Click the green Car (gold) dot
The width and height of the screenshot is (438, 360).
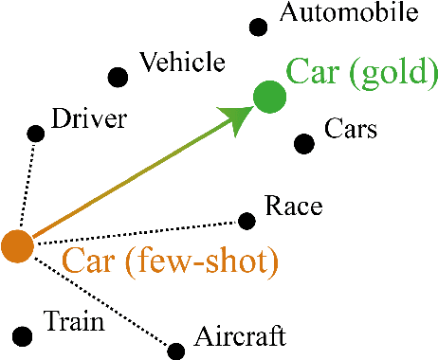pyautogui.click(x=269, y=97)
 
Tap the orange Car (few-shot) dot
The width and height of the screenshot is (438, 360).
pyautogui.click(x=17, y=245)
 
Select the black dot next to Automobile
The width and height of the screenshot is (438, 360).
pyautogui.click(x=258, y=27)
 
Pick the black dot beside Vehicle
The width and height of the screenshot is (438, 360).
pyautogui.click(x=118, y=77)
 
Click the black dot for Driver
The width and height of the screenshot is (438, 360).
pyautogui.click(x=36, y=134)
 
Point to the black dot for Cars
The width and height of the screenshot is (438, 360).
pyautogui.click(x=303, y=143)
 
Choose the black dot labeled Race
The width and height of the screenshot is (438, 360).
pyautogui.click(x=246, y=221)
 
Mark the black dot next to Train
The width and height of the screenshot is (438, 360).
pyautogui.click(x=23, y=334)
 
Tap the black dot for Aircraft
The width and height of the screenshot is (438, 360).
pyautogui.click(x=175, y=350)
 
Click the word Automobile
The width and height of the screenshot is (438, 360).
pyautogui.click(x=349, y=13)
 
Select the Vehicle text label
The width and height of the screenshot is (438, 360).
pyautogui.click(x=182, y=63)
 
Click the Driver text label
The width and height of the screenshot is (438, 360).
pyautogui.click(x=89, y=119)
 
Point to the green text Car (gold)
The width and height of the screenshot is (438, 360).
pyautogui.click(x=362, y=71)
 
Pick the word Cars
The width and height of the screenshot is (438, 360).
pyautogui.click(x=351, y=129)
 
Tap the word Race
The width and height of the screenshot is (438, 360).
pyautogui.click(x=294, y=207)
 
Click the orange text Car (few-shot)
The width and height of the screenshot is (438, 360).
pyautogui.click(x=170, y=261)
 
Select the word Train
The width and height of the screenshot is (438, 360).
pyautogui.click(x=73, y=322)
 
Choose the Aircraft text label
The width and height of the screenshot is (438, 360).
pyautogui.click(x=239, y=336)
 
